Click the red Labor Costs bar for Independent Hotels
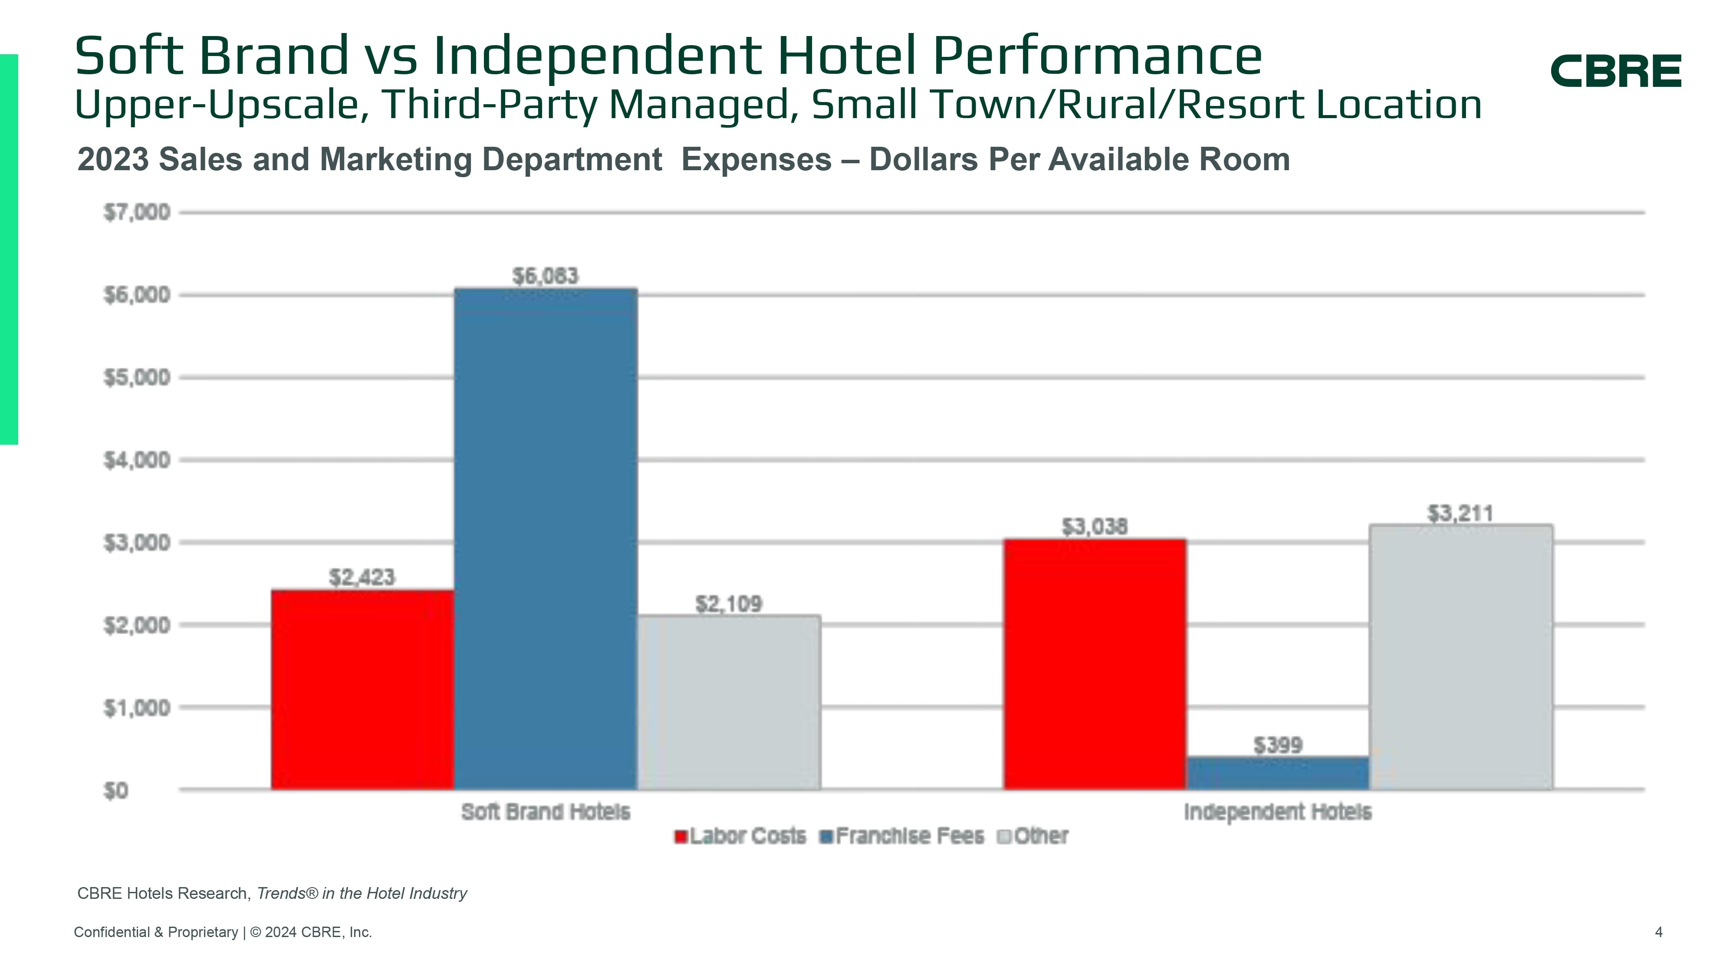pyautogui.click(x=1095, y=664)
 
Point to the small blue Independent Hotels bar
pyautogui.click(x=1278, y=773)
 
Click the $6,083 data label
pyautogui.click(x=545, y=276)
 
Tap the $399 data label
pyautogui.click(x=1278, y=745)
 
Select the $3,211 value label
pyautogui.click(x=1460, y=514)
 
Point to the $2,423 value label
pyautogui.click(x=362, y=577)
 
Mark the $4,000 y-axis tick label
pyautogui.click(x=137, y=461)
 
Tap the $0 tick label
pyautogui.click(x=116, y=790)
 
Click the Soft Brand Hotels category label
pyautogui.click(x=545, y=812)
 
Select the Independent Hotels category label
pyautogui.click(x=1278, y=812)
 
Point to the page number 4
pyautogui.click(x=1658, y=932)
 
